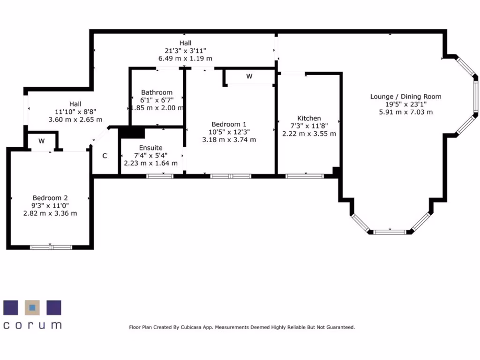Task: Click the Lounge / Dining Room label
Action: click(x=405, y=97)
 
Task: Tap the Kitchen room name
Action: click(x=309, y=118)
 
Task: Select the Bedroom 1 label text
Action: click(x=229, y=124)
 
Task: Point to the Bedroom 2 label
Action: click(x=50, y=198)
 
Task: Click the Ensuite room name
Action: click(x=150, y=148)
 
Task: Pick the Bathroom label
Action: click(x=157, y=92)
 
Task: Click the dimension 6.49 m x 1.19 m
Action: click(x=185, y=59)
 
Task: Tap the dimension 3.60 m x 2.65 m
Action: click(x=75, y=120)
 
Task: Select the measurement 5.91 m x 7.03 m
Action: click(x=405, y=112)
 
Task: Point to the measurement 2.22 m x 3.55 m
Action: click(x=309, y=134)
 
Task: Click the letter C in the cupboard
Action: click(x=105, y=156)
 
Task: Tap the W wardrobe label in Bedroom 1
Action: click(x=249, y=76)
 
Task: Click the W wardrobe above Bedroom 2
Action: click(x=42, y=141)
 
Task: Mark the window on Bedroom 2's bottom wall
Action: click(x=51, y=247)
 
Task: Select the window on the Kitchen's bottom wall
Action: click(x=305, y=176)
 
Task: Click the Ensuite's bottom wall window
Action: click(x=160, y=176)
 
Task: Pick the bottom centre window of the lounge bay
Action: click(x=390, y=232)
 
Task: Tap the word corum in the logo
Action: click(x=32, y=325)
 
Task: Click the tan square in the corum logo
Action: click(x=32, y=307)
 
